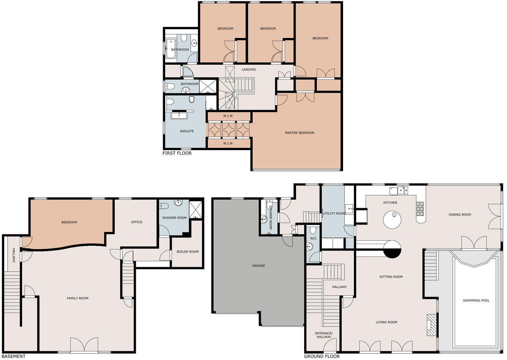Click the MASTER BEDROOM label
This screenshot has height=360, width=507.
[x=299, y=133]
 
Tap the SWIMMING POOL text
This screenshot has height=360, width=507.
[x=476, y=301]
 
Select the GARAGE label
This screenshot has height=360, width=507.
[x=258, y=265]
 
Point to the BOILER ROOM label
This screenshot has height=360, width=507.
[x=188, y=252]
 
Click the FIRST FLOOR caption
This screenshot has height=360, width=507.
[x=177, y=153]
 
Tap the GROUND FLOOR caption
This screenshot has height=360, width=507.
[x=321, y=356]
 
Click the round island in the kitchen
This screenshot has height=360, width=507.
[x=392, y=220]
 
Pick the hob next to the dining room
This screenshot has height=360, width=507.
[x=420, y=209]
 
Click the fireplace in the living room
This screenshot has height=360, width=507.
[x=431, y=322]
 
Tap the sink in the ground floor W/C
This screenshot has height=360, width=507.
[x=310, y=246]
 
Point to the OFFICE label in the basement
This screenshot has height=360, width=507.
[x=137, y=222]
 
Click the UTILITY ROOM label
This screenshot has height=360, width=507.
[x=334, y=214]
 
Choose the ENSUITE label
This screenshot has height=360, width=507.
[x=187, y=131]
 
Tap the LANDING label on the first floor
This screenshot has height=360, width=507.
[x=249, y=70]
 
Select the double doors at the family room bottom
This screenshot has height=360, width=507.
[x=84, y=345]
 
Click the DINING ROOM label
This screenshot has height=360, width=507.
[x=460, y=214]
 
